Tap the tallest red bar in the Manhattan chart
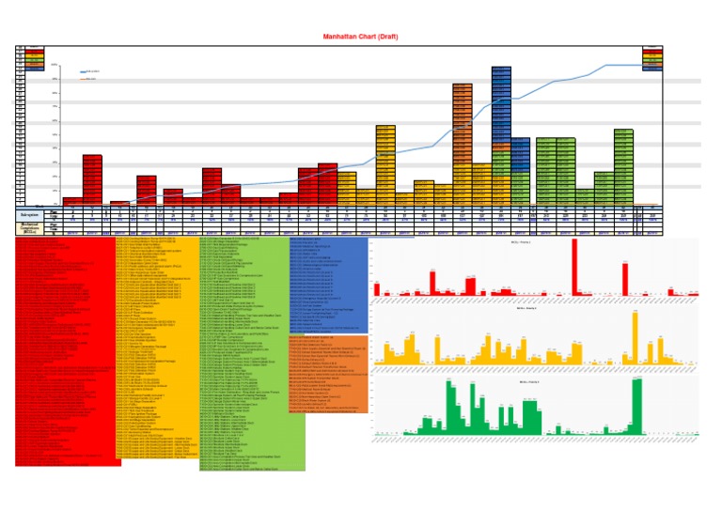(x=91, y=178)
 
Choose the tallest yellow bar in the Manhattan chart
(x=385, y=160)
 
